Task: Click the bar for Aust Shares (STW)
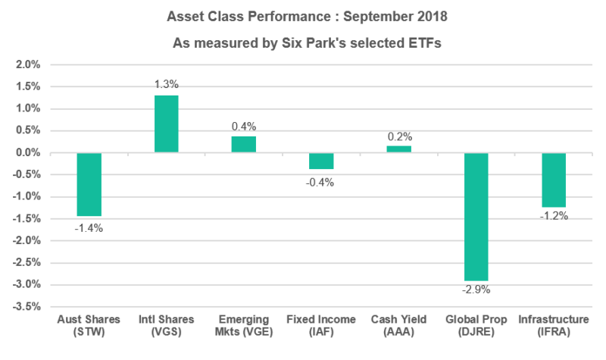[89, 184]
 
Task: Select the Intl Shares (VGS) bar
[166, 124]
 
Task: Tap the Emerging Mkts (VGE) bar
[243, 144]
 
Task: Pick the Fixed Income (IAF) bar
[321, 161]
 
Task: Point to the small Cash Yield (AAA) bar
[398, 149]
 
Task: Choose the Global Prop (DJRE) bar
[476, 217]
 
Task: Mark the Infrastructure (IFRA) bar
[553, 180]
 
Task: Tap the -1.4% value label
[89, 227]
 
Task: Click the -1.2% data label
[553, 216]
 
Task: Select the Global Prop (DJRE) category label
[476, 325]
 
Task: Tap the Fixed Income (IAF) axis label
[321, 325]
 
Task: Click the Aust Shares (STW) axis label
[89, 325]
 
